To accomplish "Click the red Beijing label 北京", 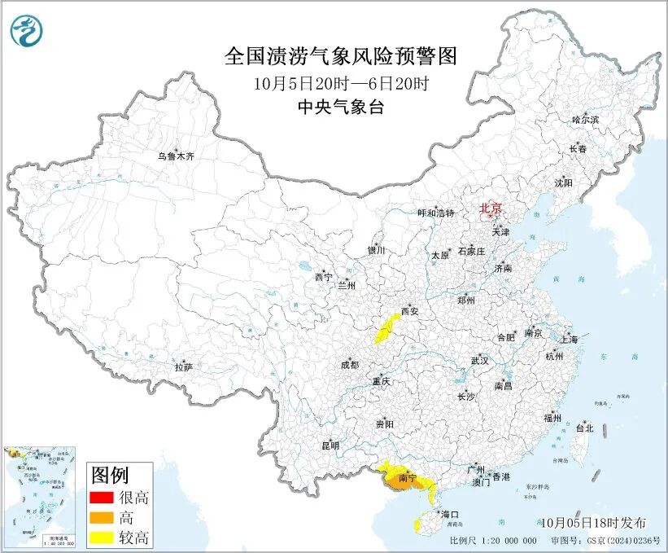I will pos(491,208).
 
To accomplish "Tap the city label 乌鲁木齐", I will pos(176,156).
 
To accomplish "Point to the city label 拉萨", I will pos(183,368).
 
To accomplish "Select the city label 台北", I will pos(584,428).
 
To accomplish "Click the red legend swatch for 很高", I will pos(102,497).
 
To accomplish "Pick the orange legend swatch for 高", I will pos(102,517).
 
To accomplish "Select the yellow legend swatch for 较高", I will pos(102,538).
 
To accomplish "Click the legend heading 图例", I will pos(110,474).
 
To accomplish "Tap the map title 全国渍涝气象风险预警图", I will pos(341,56).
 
